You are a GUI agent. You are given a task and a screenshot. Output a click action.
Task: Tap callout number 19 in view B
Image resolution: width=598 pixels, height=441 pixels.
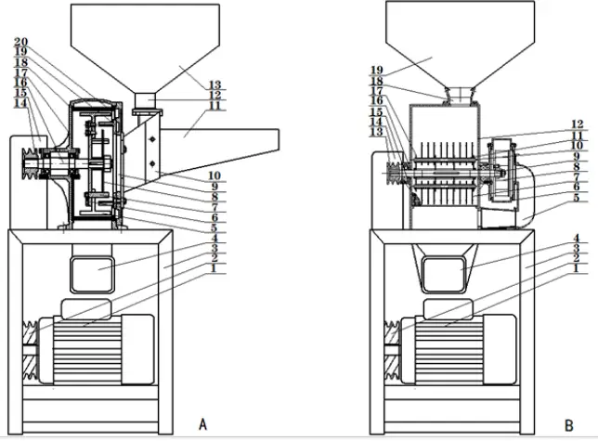click(x=377, y=69)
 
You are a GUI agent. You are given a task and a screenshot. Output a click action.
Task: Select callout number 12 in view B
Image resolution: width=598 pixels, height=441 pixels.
click(x=578, y=123)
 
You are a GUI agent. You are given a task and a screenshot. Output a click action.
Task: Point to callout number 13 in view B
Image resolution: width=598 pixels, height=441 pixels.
click(x=377, y=132)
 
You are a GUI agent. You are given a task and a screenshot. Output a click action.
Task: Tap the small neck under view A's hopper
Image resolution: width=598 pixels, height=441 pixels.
click(x=147, y=99)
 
